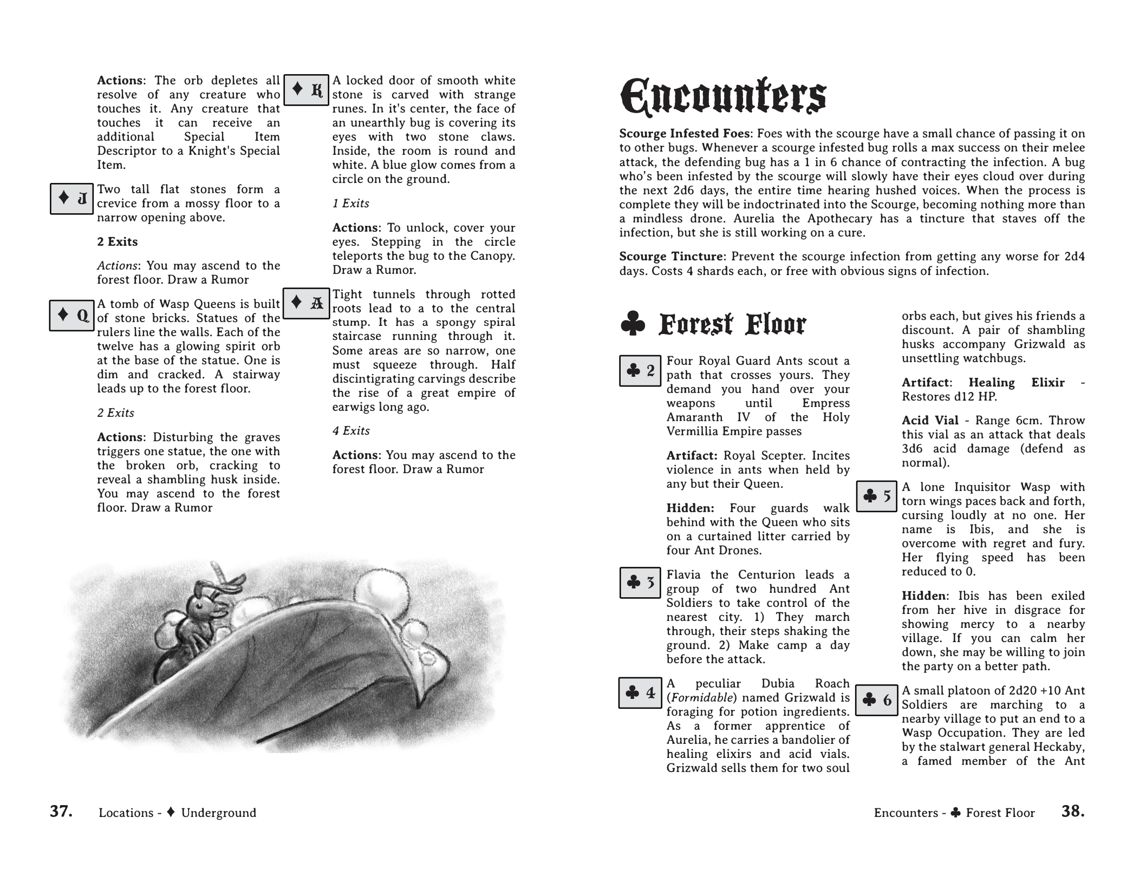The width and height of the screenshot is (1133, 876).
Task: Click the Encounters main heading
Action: click(x=722, y=97)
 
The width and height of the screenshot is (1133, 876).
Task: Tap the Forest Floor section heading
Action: click(x=732, y=324)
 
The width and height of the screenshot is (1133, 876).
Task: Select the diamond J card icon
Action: click(x=72, y=199)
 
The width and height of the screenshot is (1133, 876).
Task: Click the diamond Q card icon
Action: click(x=72, y=315)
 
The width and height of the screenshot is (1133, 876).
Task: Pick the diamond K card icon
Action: click(x=307, y=89)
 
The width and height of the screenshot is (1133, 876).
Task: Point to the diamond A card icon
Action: click(x=307, y=303)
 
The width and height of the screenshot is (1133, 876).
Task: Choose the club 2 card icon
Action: click(x=640, y=371)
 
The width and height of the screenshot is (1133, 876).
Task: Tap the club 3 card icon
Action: click(x=640, y=583)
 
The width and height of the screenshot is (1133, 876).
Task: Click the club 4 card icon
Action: click(x=640, y=693)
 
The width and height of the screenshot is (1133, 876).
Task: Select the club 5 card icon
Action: click(x=877, y=496)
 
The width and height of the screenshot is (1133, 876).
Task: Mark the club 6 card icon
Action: click(x=877, y=700)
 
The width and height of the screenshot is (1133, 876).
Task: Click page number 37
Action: click(x=61, y=811)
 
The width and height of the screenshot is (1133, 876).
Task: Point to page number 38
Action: click(x=1072, y=811)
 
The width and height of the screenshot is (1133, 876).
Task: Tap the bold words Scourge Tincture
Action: click(x=671, y=257)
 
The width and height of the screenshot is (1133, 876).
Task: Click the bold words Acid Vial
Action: click(x=929, y=421)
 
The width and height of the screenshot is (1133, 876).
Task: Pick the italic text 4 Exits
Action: click(x=351, y=431)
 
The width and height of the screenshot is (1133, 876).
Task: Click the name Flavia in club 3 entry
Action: click(x=685, y=575)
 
